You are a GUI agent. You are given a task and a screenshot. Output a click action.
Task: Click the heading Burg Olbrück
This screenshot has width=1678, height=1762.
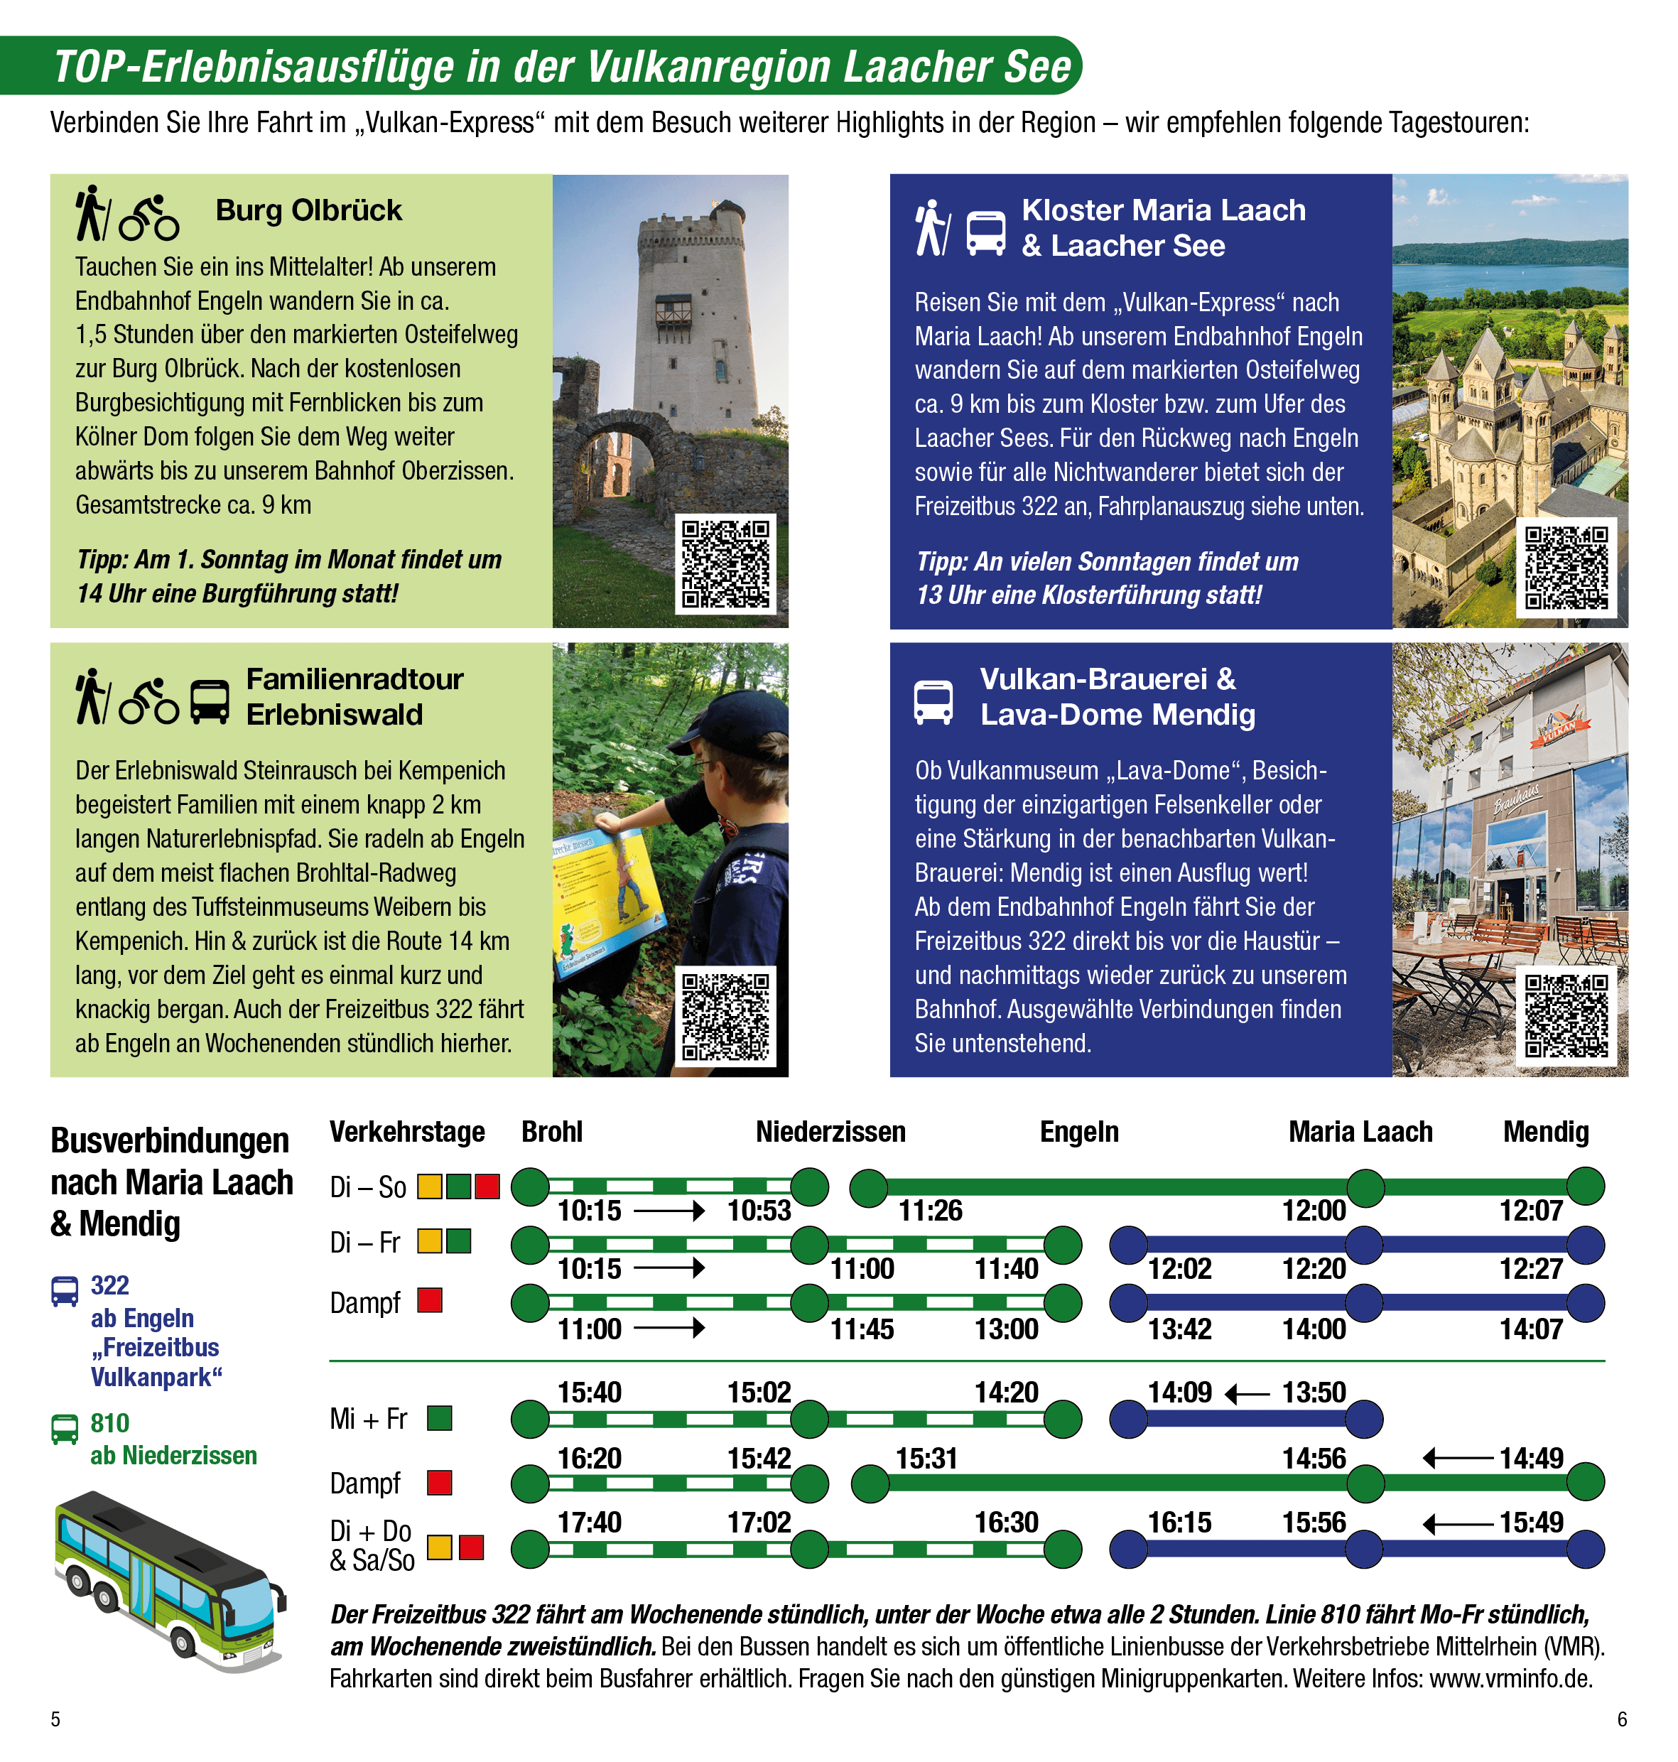click(x=308, y=210)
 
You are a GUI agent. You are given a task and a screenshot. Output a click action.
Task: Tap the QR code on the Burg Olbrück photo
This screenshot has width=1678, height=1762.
click(x=725, y=564)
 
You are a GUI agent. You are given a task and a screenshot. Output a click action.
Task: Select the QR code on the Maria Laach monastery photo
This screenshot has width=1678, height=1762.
click(x=1566, y=568)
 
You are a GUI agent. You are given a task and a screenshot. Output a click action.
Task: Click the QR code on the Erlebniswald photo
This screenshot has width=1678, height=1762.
click(x=725, y=1016)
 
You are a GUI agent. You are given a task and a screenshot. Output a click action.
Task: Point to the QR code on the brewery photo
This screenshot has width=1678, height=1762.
click(x=1566, y=1016)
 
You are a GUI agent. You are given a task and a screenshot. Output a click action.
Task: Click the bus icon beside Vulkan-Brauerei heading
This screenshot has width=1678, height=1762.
click(x=933, y=702)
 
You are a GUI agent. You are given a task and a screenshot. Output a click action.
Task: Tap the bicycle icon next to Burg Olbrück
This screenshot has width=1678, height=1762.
click(x=149, y=217)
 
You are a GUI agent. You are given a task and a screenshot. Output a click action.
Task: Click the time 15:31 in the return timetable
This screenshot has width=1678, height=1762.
click(x=926, y=1459)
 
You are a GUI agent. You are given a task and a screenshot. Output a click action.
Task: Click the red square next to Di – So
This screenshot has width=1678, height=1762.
click(x=487, y=1187)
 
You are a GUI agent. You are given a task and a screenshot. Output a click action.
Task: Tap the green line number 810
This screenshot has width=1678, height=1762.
click(x=110, y=1423)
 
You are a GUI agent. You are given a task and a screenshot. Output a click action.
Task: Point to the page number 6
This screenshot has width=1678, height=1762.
click(x=1622, y=1719)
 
